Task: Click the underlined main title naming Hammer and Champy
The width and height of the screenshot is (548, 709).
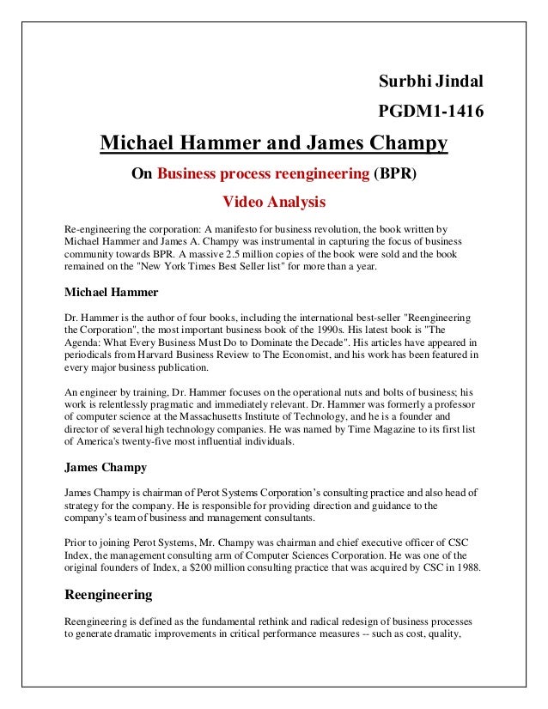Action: point(274,142)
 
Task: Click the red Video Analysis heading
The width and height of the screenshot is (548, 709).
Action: point(274,203)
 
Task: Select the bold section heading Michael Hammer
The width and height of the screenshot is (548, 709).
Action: point(112,292)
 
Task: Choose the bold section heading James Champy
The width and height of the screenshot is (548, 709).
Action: point(107,468)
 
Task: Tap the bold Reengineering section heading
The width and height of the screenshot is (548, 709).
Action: point(109,594)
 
